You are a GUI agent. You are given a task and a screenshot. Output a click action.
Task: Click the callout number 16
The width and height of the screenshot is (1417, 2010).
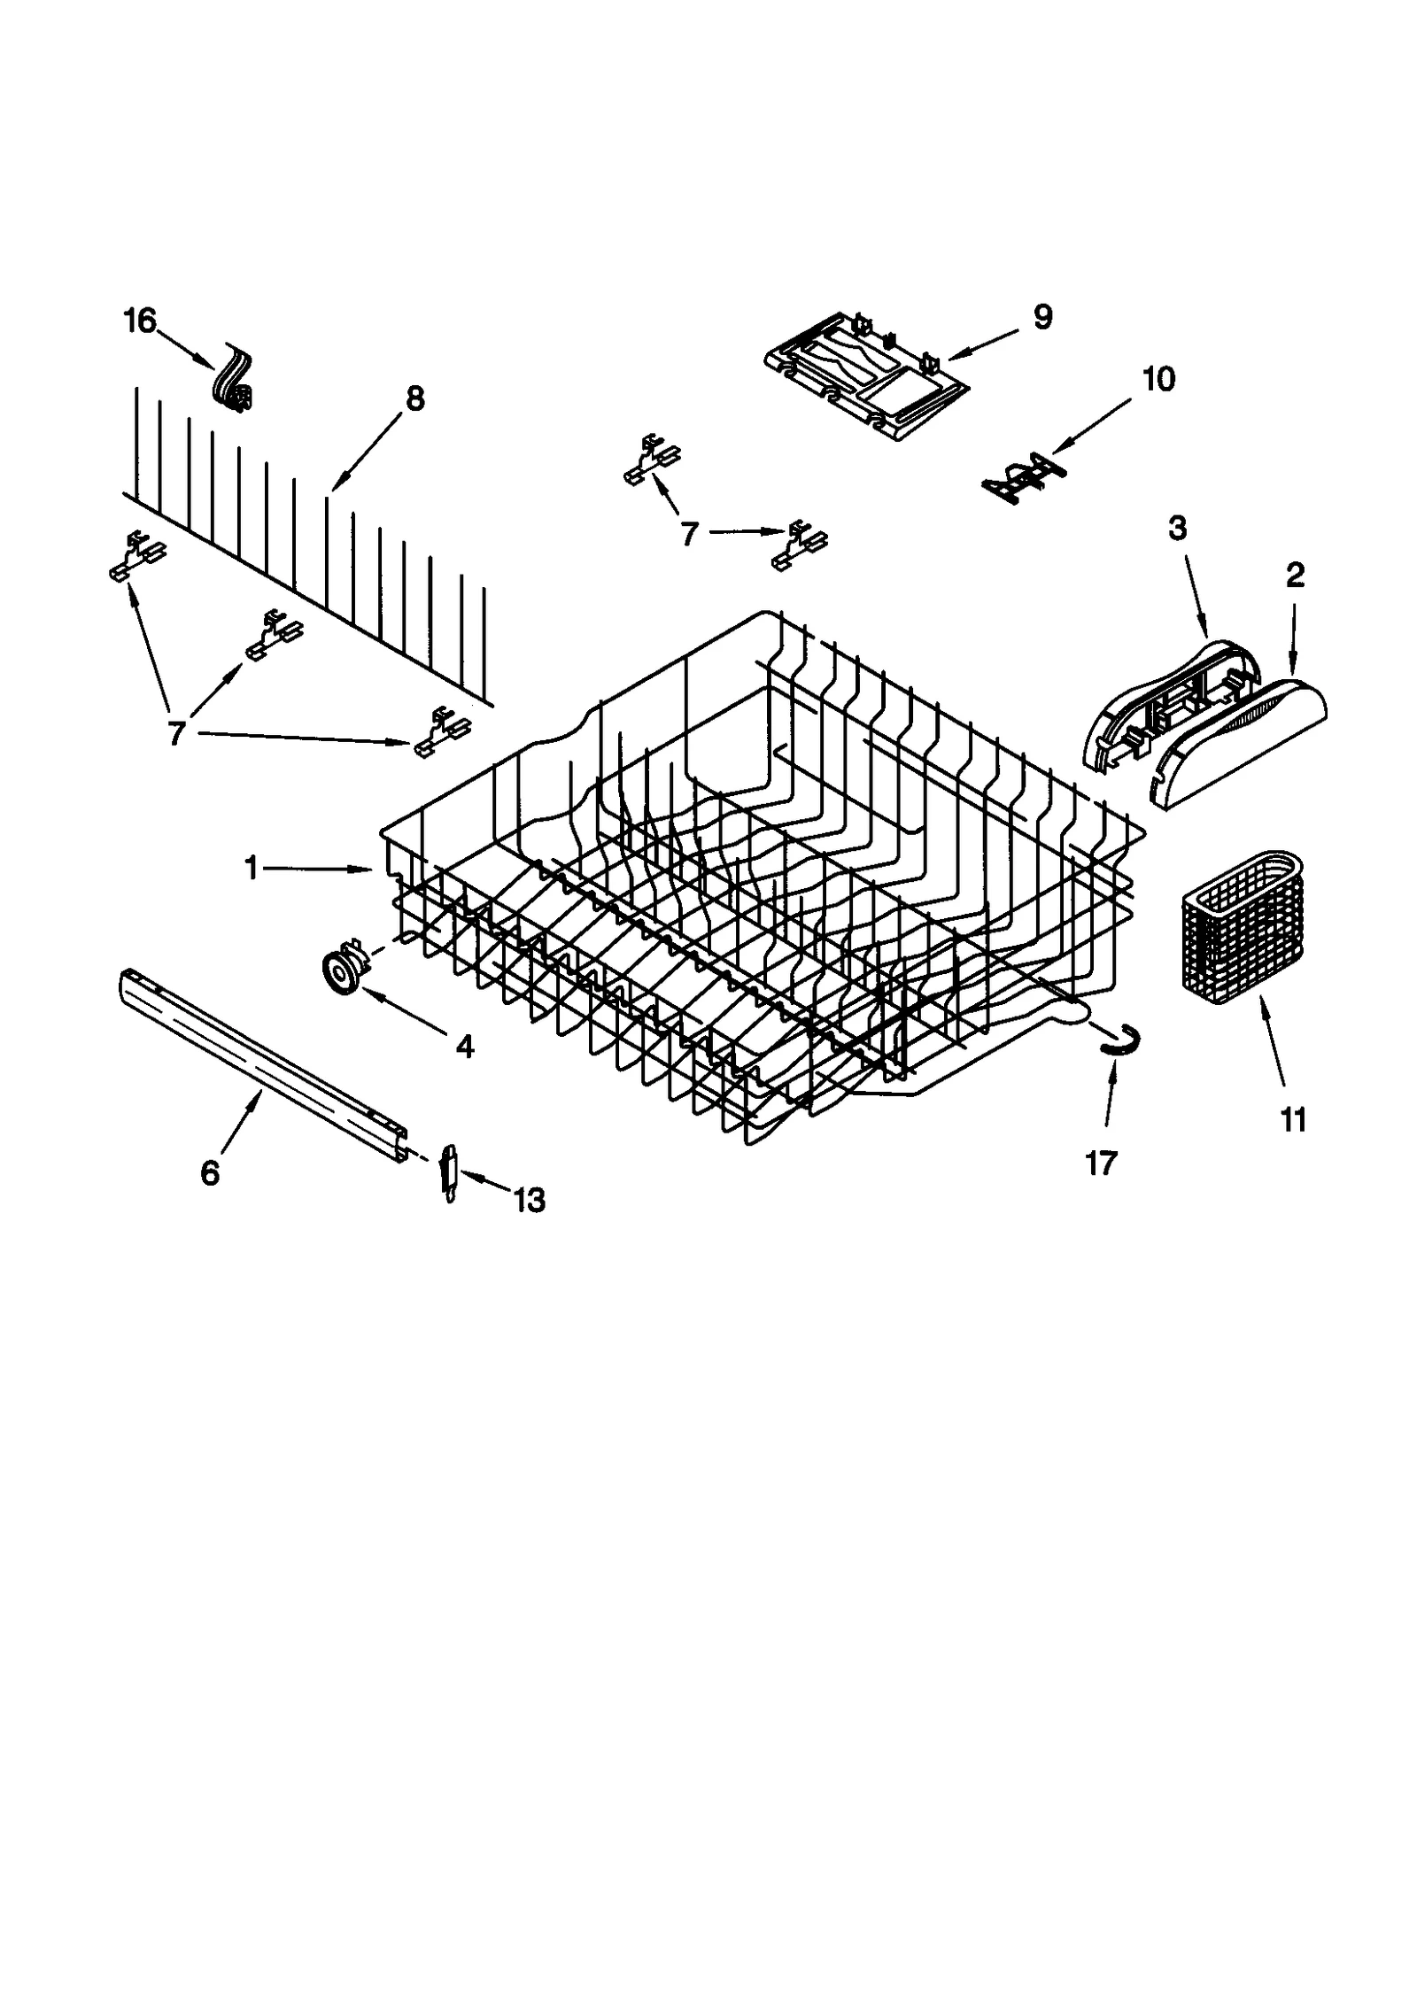(x=140, y=320)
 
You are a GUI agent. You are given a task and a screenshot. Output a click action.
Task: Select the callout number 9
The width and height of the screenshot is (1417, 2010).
(x=1042, y=316)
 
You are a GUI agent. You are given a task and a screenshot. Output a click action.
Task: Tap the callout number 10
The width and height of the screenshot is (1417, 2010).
(x=1158, y=379)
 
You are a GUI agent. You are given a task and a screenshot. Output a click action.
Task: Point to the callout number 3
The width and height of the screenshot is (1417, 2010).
(x=1177, y=528)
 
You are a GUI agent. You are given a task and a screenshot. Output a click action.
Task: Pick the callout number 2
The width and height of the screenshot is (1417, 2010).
(x=1294, y=576)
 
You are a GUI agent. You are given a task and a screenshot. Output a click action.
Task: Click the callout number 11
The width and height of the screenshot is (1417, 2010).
(x=1293, y=1121)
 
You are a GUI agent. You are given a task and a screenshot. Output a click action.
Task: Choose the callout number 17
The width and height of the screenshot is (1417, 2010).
(x=1101, y=1163)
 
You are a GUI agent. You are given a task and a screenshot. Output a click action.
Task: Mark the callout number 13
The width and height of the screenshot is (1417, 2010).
(x=529, y=1201)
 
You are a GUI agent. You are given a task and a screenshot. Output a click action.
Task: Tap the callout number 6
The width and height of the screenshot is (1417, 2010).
(x=209, y=1173)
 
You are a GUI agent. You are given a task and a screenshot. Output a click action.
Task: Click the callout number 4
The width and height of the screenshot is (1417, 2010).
(x=465, y=1048)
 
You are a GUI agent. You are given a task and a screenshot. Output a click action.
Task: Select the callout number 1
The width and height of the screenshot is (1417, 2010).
(x=252, y=870)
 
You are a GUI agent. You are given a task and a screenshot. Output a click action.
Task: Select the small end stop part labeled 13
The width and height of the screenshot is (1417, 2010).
(x=450, y=1172)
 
